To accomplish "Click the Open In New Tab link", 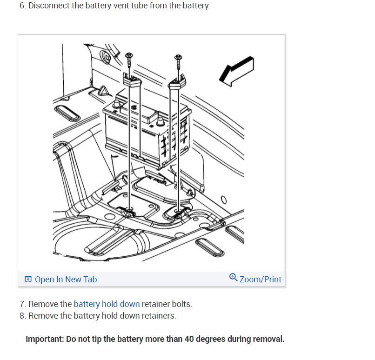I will tap(65, 280).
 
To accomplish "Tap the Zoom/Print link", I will tap(260, 280).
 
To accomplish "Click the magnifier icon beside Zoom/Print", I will tap(234, 278).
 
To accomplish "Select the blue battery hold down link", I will tap(107, 304).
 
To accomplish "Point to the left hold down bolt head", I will tap(129, 56).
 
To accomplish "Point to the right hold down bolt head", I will tap(178, 58).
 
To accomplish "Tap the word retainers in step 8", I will tap(158, 316).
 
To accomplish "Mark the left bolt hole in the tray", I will tap(129, 212).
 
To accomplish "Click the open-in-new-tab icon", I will tap(28, 280).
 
